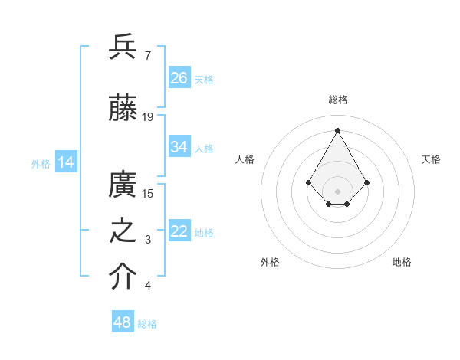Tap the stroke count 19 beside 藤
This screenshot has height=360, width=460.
tap(148, 116)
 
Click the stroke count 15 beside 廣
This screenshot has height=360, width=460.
tap(148, 194)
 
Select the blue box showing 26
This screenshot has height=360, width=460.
tap(179, 78)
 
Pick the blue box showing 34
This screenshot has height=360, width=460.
tap(179, 147)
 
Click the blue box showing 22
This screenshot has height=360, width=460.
tap(179, 231)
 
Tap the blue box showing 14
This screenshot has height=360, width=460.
tap(66, 162)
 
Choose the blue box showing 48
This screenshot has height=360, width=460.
tap(123, 322)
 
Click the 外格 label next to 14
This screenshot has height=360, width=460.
tap(41, 163)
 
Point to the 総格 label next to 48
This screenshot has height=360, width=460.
tap(147, 324)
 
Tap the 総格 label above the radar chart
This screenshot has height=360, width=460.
tap(337, 100)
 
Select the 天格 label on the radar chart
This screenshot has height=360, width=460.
tap(431, 159)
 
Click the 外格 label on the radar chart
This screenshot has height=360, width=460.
tap(270, 262)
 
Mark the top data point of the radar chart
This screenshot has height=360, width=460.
tap(337, 129)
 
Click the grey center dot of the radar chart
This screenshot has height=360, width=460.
tap(337, 191)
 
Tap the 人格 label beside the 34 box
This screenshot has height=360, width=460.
tap(204, 148)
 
